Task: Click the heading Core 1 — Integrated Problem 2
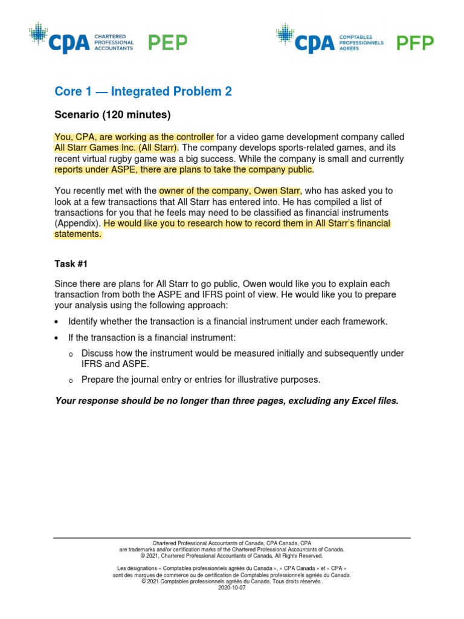(x=143, y=91)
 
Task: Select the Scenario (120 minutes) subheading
(x=113, y=114)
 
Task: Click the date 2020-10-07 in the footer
(x=232, y=588)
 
